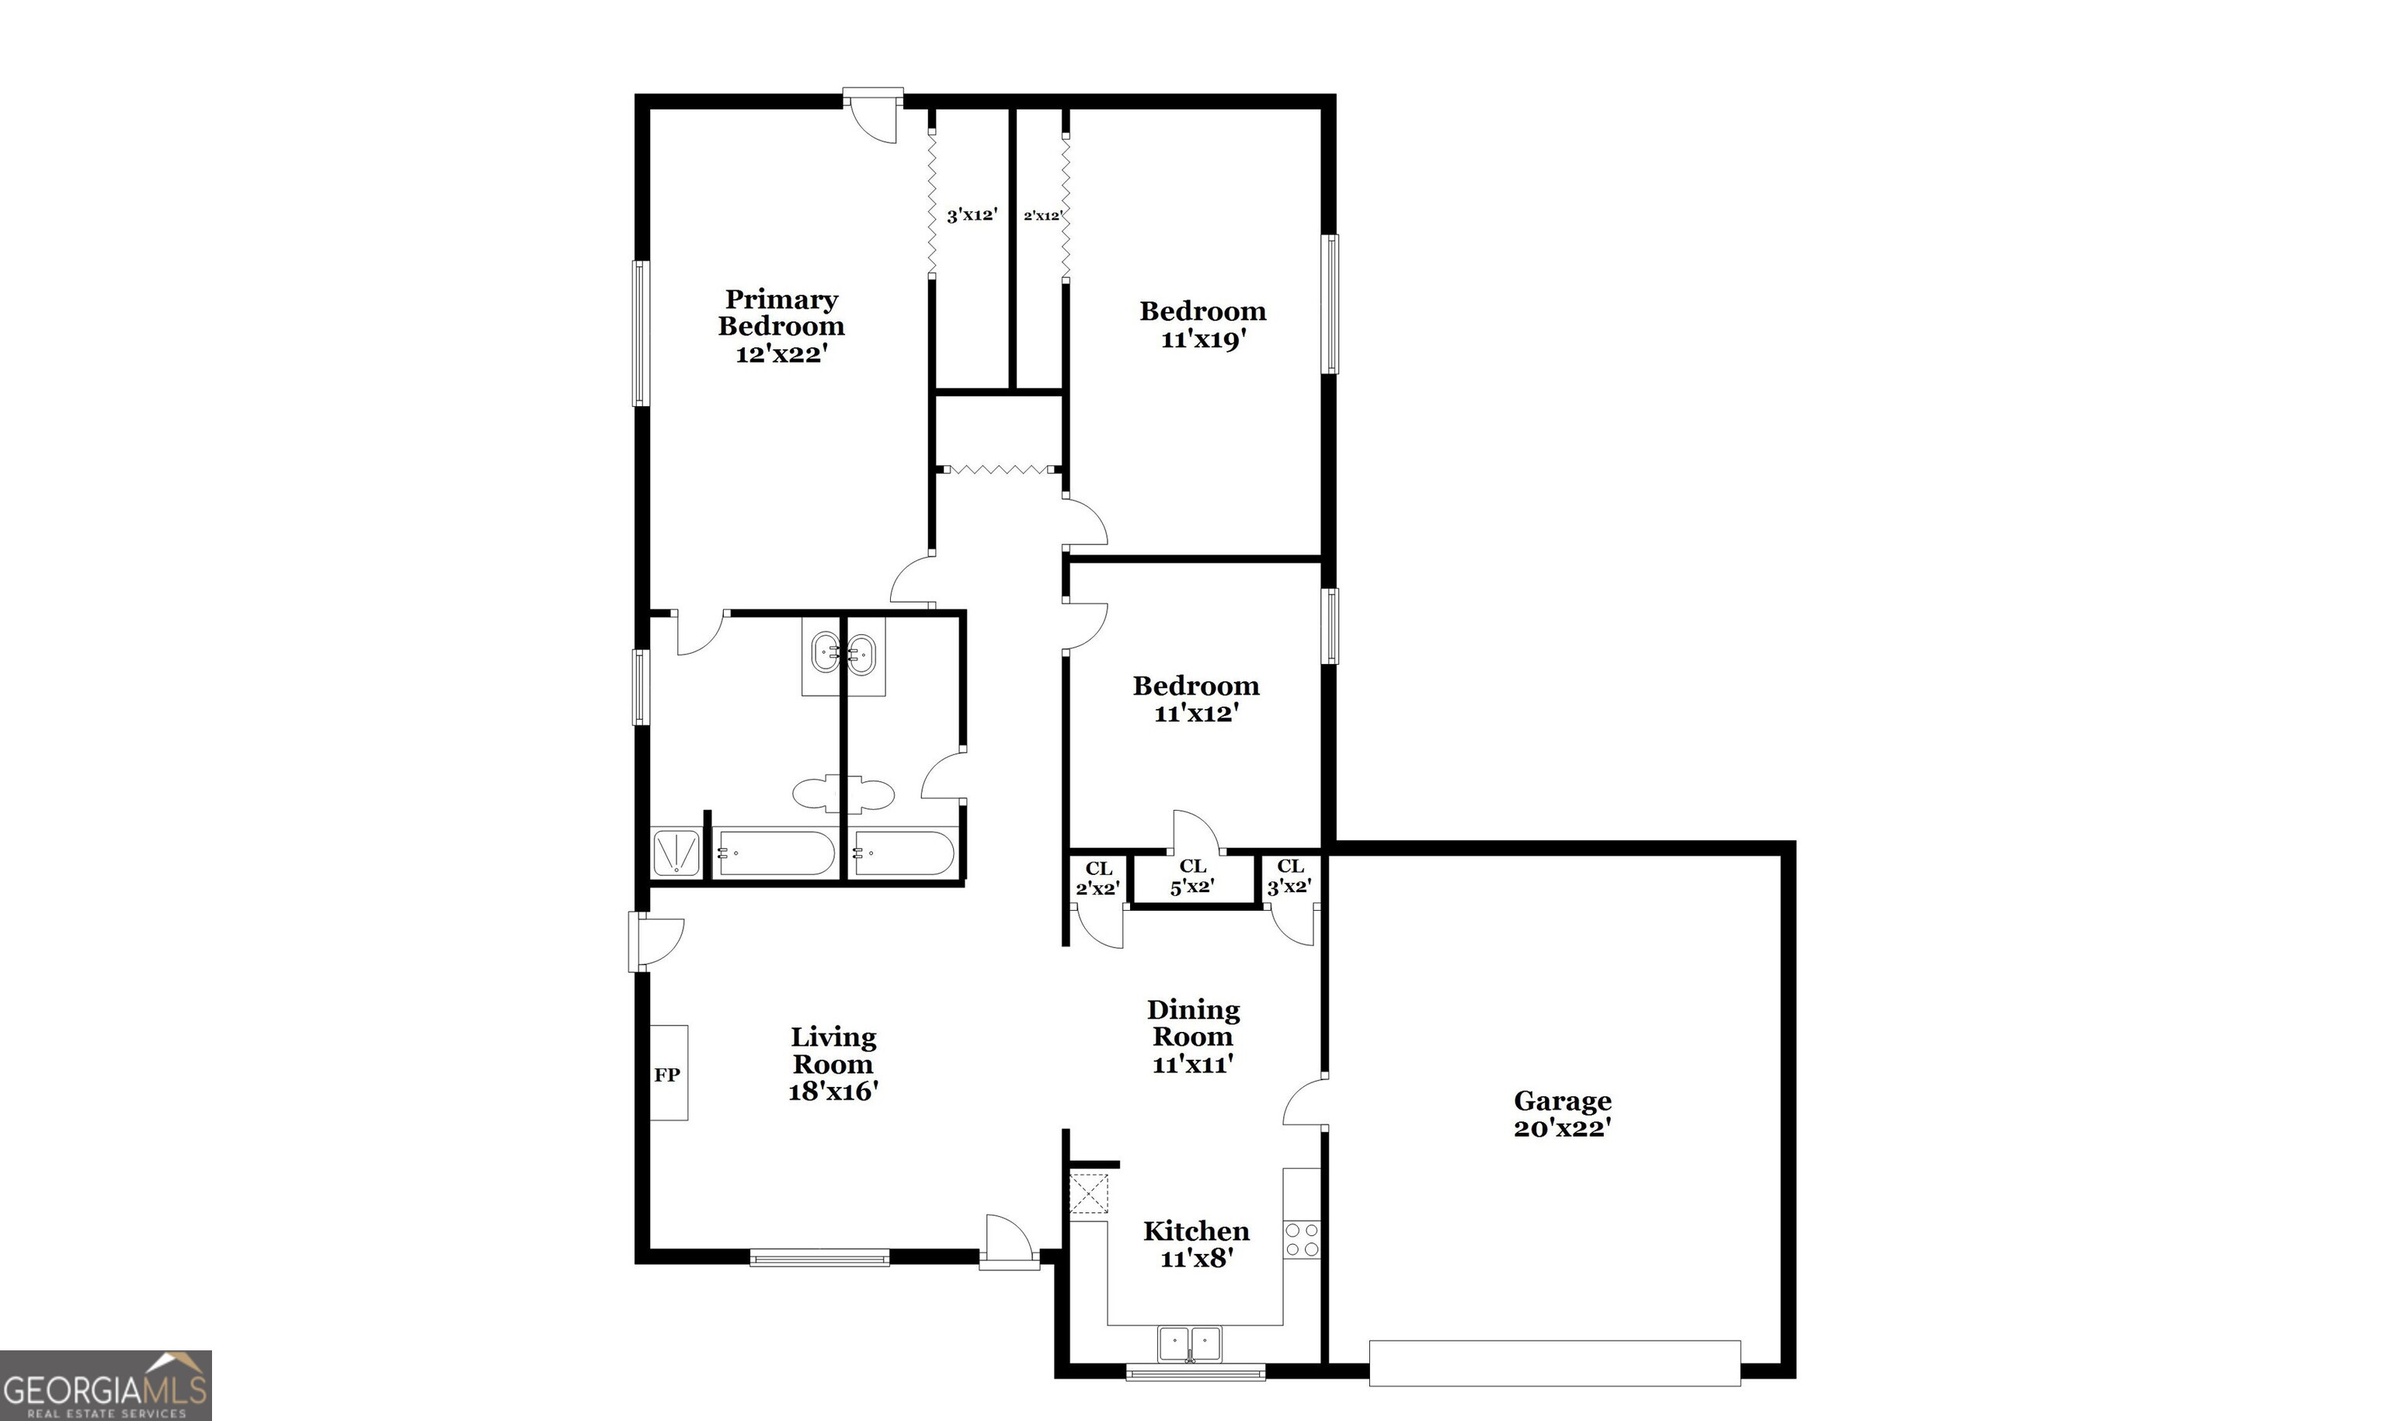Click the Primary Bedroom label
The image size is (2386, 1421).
pos(781,313)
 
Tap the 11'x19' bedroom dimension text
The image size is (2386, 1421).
pos(1202,339)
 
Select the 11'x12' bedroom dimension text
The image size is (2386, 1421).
pos(1197,714)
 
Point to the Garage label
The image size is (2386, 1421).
pos(1563,1100)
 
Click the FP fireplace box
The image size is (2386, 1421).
pos(668,1072)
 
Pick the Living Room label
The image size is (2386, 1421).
pos(833,1051)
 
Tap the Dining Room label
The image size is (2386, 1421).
pos(1193,1023)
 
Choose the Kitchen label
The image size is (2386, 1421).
pos(1196,1231)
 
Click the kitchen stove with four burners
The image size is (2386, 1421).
pos(1303,1239)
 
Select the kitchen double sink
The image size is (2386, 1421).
pos(1190,1344)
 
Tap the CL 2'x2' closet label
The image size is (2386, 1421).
pos(1098,878)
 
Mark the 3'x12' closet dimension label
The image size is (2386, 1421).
pos(972,215)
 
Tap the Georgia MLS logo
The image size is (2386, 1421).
pos(106,1385)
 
